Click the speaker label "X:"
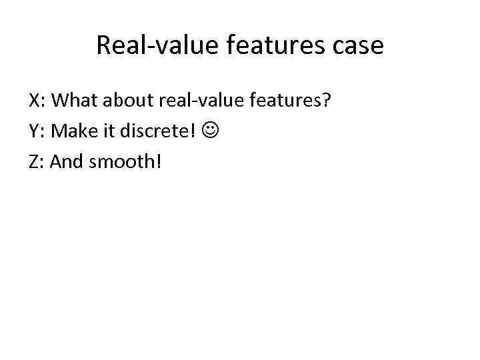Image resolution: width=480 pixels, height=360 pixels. click(37, 101)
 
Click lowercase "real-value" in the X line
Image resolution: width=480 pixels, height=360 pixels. click(201, 101)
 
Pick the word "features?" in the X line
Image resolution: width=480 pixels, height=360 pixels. click(287, 101)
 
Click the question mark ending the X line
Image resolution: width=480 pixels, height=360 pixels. click(327, 101)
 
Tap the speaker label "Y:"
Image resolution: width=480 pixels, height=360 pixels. click(37, 131)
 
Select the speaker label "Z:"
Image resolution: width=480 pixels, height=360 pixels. click(37, 161)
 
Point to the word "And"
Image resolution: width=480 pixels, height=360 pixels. click(65, 161)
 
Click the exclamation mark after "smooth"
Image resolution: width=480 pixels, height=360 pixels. click(158, 161)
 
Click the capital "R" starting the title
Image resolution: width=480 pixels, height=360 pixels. click(103, 45)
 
